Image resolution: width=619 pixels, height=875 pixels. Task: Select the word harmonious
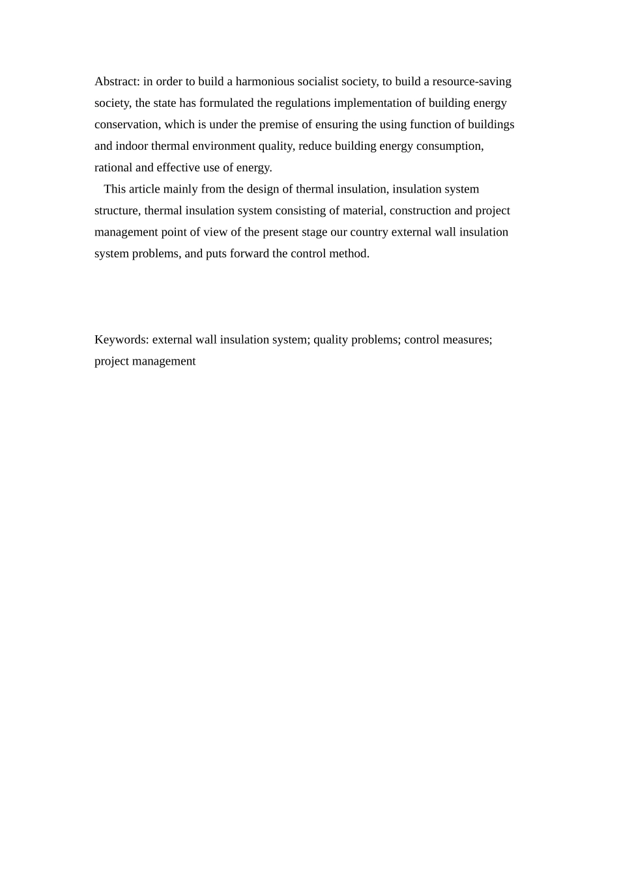click(x=265, y=81)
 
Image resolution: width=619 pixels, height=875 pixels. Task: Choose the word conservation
click(x=126, y=124)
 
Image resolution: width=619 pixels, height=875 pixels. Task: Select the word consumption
click(x=450, y=146)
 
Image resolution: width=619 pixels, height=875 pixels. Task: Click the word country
click(x=369, y=232)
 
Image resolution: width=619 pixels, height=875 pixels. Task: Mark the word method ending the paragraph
click(x=349, y=253)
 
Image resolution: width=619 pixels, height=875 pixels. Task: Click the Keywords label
click(x=121, y=339)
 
